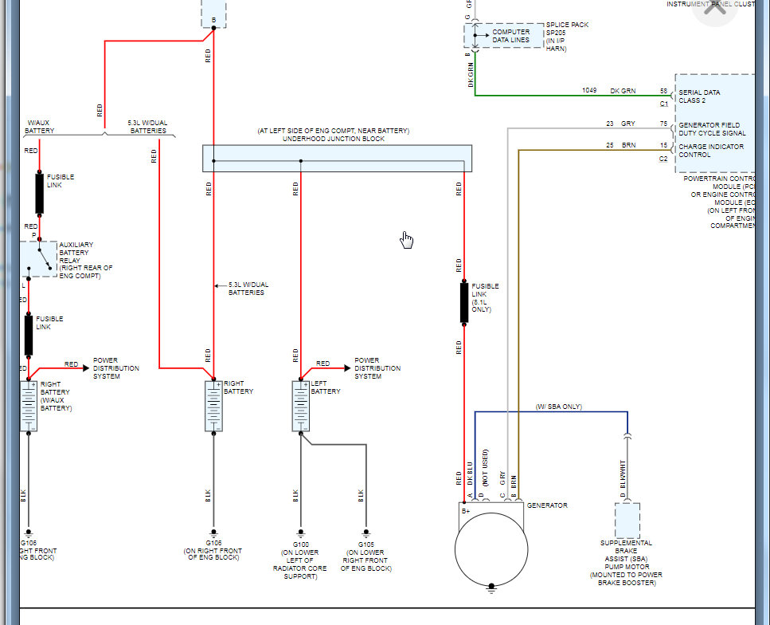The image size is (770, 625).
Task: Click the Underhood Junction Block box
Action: point(337,158)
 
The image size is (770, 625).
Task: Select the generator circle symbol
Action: point(491,549)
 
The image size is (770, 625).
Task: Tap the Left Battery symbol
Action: point(300,407)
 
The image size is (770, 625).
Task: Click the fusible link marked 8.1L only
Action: point(464,303)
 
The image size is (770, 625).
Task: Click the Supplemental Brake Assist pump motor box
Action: point(627,520)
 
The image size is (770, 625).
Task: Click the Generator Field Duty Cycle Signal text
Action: point(712,129)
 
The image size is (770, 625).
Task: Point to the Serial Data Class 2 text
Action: point(700,96)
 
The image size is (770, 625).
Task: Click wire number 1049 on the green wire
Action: point(588,91)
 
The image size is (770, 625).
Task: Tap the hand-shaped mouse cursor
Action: point(407,240)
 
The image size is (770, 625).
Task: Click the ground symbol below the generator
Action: point(491,590)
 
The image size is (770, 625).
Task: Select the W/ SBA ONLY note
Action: point(559,407)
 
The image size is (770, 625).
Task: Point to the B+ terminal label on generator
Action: point(466,509)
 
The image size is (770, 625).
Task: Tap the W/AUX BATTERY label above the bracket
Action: point(40,126)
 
